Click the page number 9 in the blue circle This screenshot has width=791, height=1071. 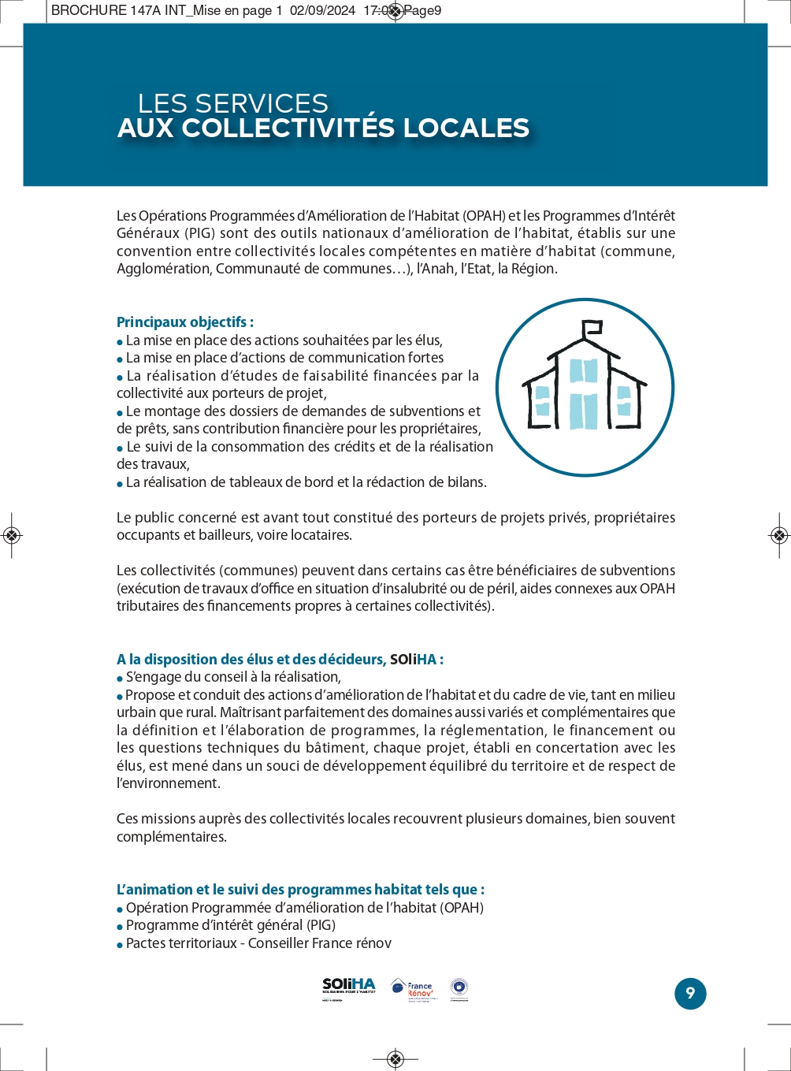coord(690,993)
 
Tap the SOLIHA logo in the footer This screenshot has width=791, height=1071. coord(349,988)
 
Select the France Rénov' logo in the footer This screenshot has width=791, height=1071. coord(414,989)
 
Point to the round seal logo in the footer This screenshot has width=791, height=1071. coord(459,987)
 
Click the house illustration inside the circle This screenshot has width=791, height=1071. coord(585,386)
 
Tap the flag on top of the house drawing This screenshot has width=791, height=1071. coord(592,327)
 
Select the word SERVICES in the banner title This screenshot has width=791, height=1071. coord(261,103)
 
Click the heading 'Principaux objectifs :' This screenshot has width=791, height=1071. coord(185,322)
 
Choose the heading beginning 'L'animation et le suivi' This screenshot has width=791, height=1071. coord(300,890)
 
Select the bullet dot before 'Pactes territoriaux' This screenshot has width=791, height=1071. coord(120,945)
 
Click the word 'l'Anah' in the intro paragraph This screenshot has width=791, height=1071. coord(436,269)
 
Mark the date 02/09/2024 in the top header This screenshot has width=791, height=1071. coord(322,11)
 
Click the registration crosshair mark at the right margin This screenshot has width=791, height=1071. coord(778,536)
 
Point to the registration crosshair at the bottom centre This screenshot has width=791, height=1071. coord(395,1058)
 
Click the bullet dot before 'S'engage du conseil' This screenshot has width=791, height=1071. coord(120,679)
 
